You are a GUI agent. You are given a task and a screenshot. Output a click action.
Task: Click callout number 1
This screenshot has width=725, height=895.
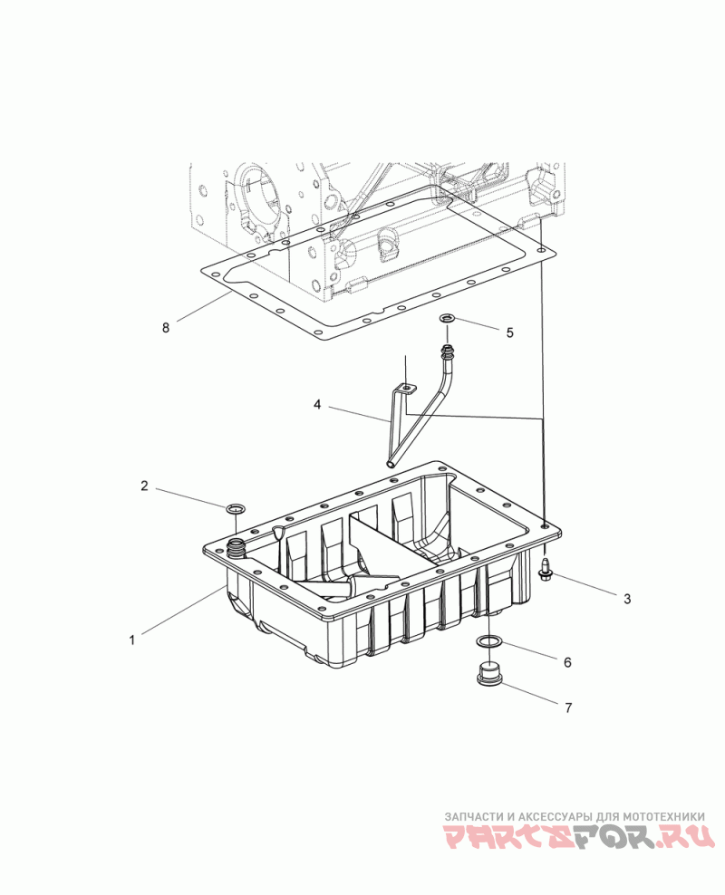132,640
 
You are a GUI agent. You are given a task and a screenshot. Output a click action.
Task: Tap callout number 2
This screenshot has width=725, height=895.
144,486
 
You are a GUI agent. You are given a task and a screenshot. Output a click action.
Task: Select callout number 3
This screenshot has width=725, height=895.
627,599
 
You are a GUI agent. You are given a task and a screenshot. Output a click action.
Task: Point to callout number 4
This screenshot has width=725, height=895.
317,405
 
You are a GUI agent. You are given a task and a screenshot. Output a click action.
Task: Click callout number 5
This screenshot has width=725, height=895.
510,332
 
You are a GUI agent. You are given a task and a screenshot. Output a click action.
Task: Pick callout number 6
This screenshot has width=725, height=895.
567,662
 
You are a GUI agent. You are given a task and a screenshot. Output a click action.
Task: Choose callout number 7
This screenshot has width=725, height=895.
568,707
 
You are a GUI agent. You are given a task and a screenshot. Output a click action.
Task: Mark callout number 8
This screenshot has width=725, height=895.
166,328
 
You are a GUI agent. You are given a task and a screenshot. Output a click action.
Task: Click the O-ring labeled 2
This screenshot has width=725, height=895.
235,508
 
